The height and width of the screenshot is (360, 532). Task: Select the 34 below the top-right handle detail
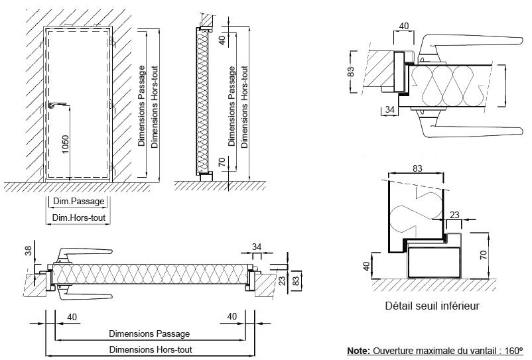(390, 108)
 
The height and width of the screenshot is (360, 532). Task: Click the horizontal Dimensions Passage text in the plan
(149, 333)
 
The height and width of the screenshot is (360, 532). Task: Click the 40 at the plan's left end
(72, 317)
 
